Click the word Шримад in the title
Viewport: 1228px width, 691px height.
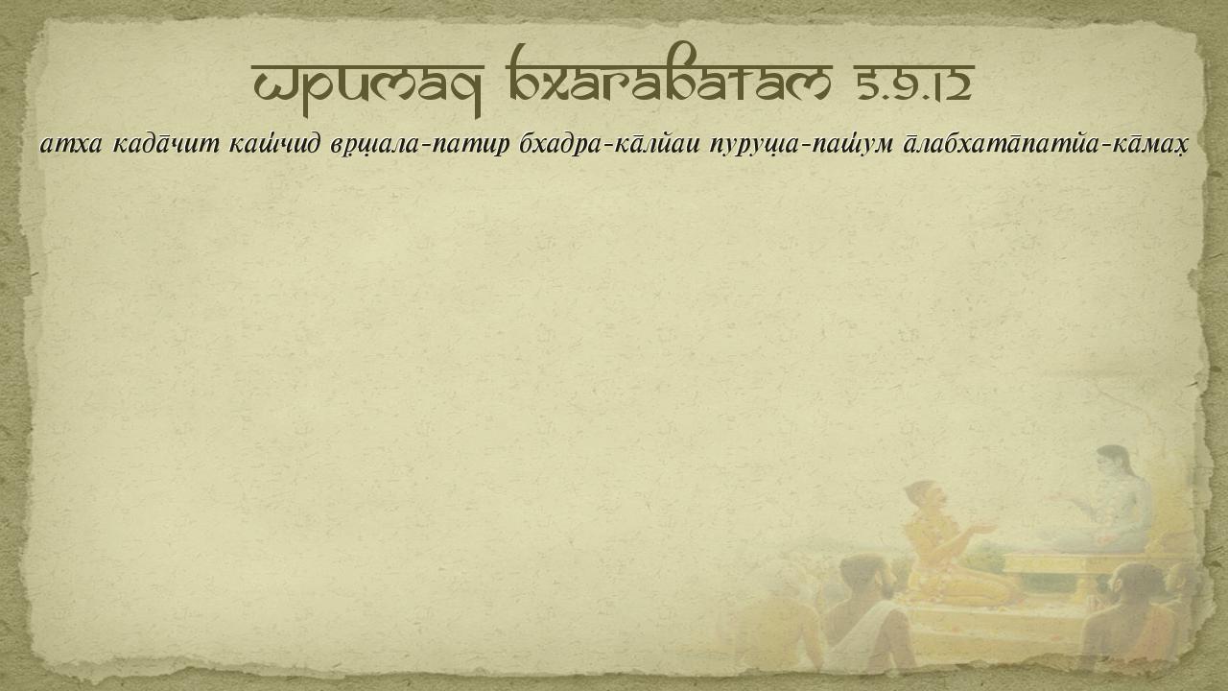coord(367,86)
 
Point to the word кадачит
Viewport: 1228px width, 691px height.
coord(166,144)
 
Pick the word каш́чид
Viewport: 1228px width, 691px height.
coord(274,144)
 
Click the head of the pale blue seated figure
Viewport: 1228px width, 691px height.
coord(1114,463)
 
